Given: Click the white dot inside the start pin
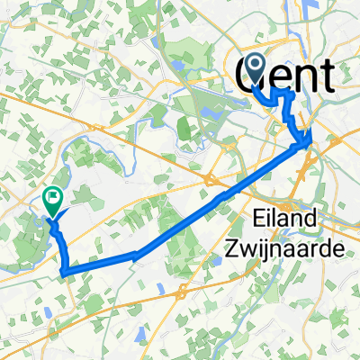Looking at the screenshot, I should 253,64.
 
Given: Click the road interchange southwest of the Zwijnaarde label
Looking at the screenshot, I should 181,292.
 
